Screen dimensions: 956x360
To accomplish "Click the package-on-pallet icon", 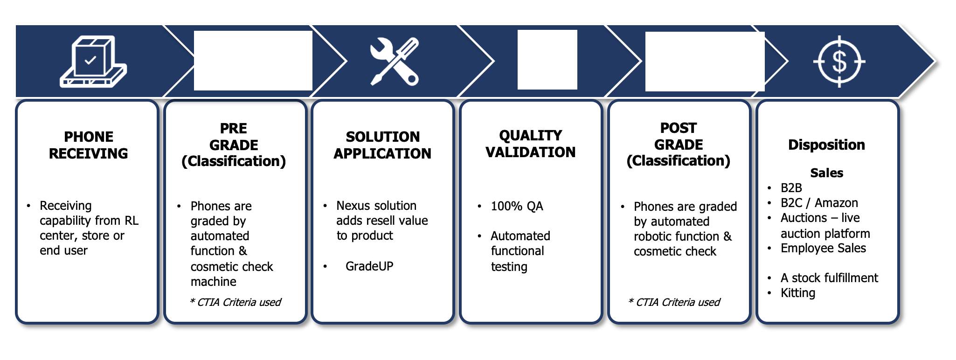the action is pos(93,62).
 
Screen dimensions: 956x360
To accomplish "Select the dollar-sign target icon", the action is pos(839,62).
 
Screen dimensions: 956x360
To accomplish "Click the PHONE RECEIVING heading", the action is pos(89,145).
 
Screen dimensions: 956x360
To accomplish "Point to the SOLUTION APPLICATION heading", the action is pos(382,145).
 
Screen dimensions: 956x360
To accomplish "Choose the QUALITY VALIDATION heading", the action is pos(530,144).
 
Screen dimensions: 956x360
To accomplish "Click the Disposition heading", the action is pos(826,145).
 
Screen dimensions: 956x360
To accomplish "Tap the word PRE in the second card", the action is pos(234,128).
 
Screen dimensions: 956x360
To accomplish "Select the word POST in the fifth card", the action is pos(679,128).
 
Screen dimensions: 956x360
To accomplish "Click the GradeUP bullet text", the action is pos(369,266).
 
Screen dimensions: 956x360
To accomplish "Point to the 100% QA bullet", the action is pos(517,206).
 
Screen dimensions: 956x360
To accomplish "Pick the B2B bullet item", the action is pos(791,188).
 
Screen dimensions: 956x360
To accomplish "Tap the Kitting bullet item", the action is pos(798,293).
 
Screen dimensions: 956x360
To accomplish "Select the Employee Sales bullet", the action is pos(823,248).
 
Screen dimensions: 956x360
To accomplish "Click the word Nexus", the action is pos(353,206).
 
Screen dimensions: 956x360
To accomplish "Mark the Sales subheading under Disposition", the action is pos(826,173).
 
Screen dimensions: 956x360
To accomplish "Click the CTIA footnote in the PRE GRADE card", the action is pos(236,302).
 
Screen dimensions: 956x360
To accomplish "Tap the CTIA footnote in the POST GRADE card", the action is pos(674,302).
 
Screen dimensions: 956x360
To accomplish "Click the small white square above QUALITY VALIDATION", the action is pos(547,60).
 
